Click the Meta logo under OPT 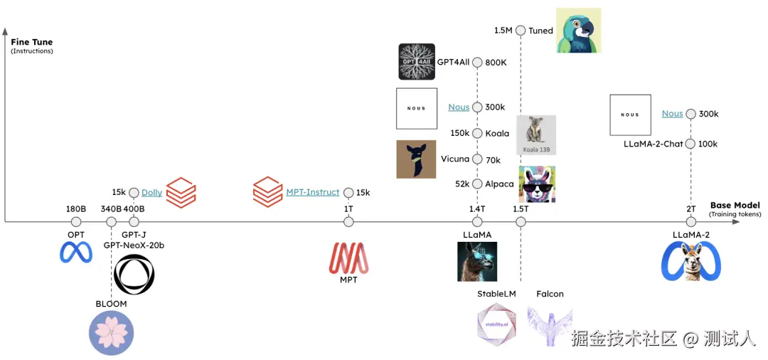pyautogui.click(x=76, y=253)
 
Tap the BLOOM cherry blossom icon pyautogui.click(x=111, y=332)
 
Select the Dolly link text pyautogui.click(x=151, y=192)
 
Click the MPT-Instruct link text pyautogui.click(x=313, y=192)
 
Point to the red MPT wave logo pyautogui.click(x=348, y=258)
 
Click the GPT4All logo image pyautogui.click(x=417, y=61)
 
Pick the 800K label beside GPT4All pyautogui.click(x=496, y=63)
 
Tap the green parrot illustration pyautogui.click(x=578, y=30)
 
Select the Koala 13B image pyautogui.click(x=536, y=134)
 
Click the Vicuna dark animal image pyautogui.click(x=416, y=159)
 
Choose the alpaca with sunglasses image pyautogui.click(x=537, y=184)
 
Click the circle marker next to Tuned pyautogui.click(x=521, y=31)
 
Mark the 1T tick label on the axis pyautogui.click(x=348, y=208)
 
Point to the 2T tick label pyautogui.click(x=691, y=208)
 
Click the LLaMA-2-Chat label pyautogui.click(x=653, y=144)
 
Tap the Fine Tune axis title pyautogui.click(x=31, y=43)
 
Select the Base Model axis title pyautogui.click(x=735, y=206)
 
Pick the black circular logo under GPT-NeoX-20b pyautogui.click(x=134, y=274)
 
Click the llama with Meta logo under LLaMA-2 pyautogui.click(x=691, y=261)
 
